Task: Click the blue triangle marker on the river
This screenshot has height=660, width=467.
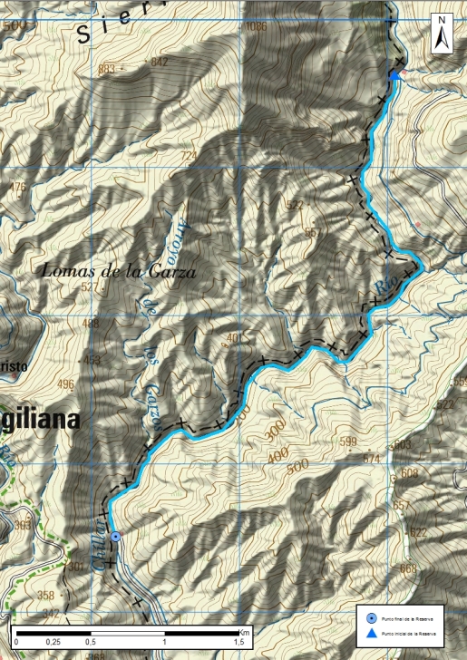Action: click(x=394, y=76)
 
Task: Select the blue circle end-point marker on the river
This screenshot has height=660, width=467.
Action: click(x=116, y=537)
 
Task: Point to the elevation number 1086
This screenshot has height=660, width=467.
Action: click(x=257, y=27)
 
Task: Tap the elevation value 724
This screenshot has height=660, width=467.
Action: click(x=189, y=157)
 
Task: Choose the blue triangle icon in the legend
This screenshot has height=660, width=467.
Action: click(x=372, y=634)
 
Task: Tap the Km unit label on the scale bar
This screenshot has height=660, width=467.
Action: click(x=244, y=632)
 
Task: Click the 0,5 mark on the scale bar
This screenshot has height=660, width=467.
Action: click(x=91, y=642)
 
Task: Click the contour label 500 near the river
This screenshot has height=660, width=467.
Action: click(x=297, y=464)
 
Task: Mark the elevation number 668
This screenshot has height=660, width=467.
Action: click(x=408, y=568)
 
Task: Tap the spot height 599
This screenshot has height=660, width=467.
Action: click(x=348, y=442)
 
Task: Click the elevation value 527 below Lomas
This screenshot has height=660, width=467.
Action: click(x=89, y=287)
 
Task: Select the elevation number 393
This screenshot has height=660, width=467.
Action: click(x=23, y=525)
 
